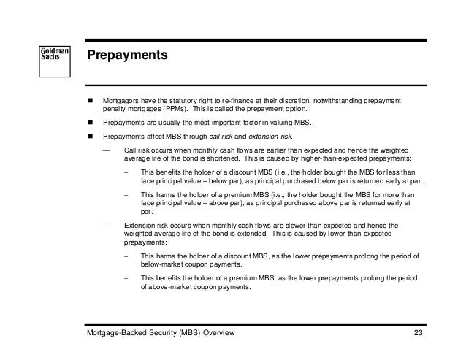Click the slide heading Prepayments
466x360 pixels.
coord(128,55)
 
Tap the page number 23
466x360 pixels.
coord(419,333)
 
